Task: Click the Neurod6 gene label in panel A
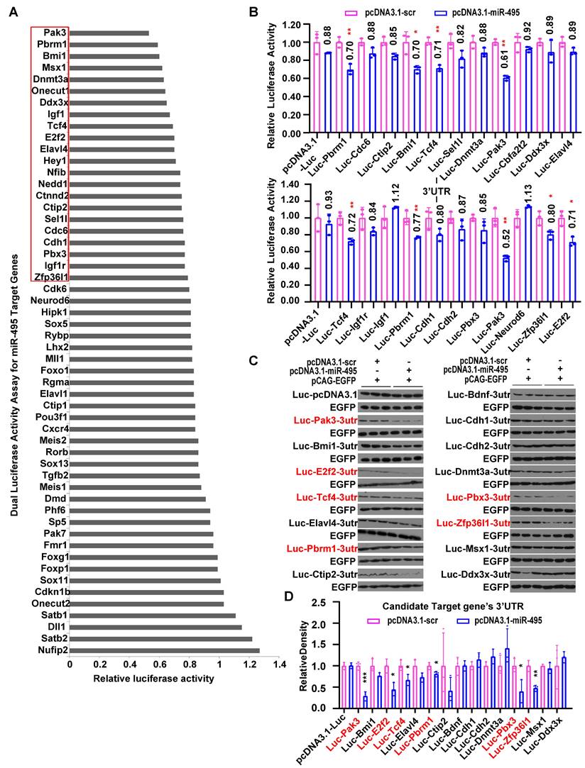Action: [49, 301]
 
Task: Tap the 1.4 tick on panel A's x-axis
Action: [279, 664]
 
